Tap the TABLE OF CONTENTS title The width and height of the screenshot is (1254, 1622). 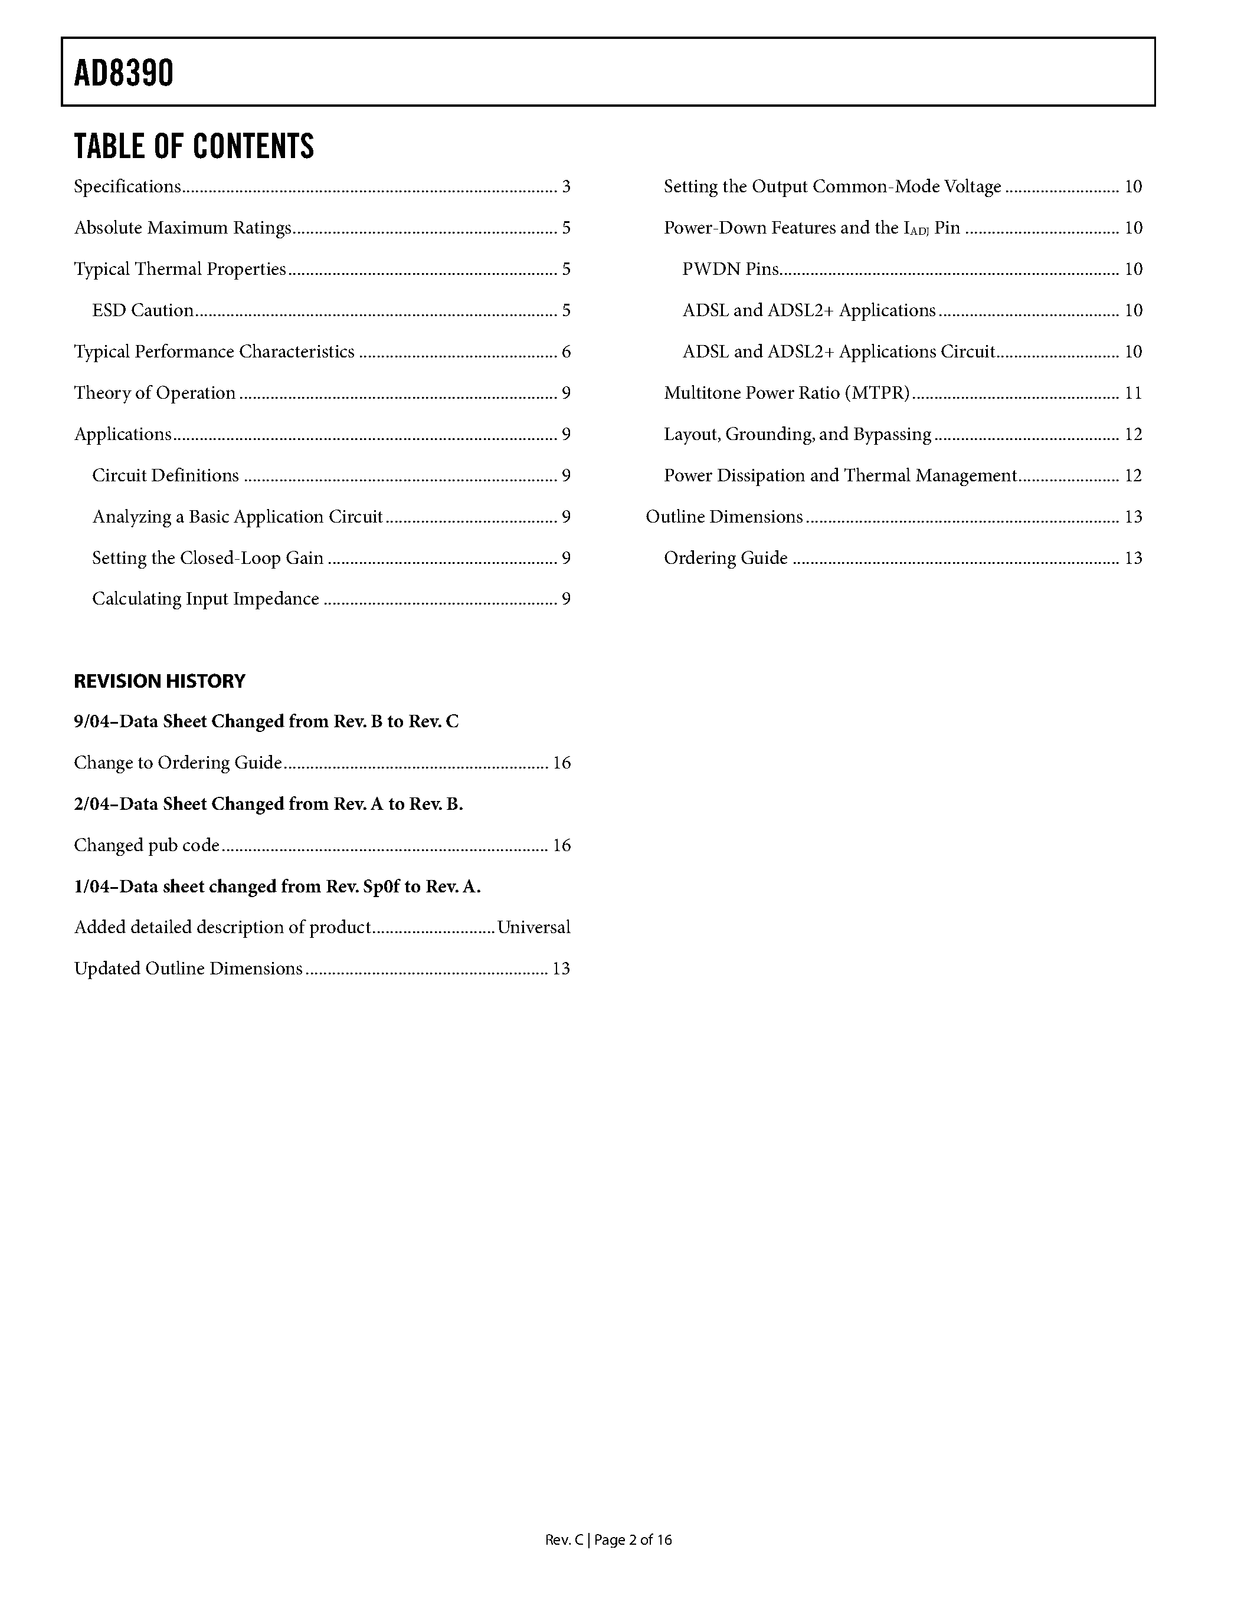194,146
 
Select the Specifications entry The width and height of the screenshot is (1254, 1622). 127,186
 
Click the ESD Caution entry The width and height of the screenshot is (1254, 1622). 143,310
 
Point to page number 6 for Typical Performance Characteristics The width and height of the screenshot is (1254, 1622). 566,352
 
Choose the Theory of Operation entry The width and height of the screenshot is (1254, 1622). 155,393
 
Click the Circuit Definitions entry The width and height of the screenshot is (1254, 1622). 165,475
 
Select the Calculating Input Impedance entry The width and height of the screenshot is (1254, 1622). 205,599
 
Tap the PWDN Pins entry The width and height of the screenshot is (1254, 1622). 730,269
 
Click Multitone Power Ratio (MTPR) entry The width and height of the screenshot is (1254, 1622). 787,393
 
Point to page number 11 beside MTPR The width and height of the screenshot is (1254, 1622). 1133,393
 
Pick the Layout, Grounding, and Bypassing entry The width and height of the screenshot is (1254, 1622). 797,435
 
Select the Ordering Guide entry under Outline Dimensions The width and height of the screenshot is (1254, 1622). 725,558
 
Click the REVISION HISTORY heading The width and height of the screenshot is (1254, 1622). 159,681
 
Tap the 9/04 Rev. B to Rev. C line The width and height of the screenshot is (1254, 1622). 266,722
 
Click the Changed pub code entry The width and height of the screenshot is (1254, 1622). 146,845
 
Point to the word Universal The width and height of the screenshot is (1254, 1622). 533,928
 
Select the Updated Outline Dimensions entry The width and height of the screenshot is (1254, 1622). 188,968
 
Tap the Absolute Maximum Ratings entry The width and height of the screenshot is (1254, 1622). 182,228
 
